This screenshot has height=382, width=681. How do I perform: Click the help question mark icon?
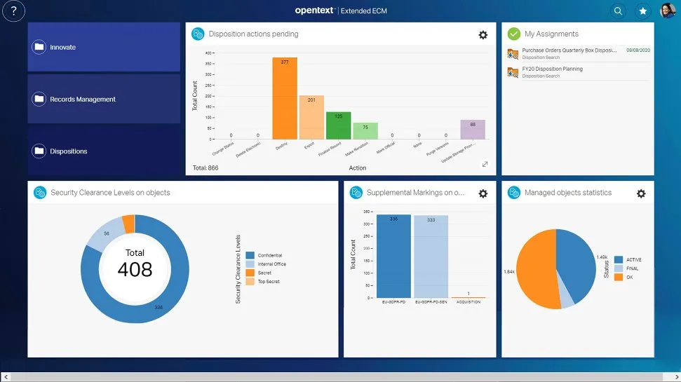14,11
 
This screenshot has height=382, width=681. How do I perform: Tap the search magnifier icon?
618,11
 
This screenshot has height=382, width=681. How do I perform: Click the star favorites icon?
642,11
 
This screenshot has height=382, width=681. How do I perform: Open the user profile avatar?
667,11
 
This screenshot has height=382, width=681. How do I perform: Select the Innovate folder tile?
104,47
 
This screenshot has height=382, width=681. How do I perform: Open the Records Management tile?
104,99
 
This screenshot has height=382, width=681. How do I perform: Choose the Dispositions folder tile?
104,151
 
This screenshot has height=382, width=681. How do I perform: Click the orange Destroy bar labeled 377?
285,98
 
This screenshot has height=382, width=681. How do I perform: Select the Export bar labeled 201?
311,118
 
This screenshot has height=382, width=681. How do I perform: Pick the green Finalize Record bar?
338,125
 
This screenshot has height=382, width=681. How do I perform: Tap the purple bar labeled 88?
473,130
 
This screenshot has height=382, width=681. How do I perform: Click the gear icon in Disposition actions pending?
483,34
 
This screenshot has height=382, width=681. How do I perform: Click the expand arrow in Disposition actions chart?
485,164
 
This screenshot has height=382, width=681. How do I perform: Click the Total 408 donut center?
135,264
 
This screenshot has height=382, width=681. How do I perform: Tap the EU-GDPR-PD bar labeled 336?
393,257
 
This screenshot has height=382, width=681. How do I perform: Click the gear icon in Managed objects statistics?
640,193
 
